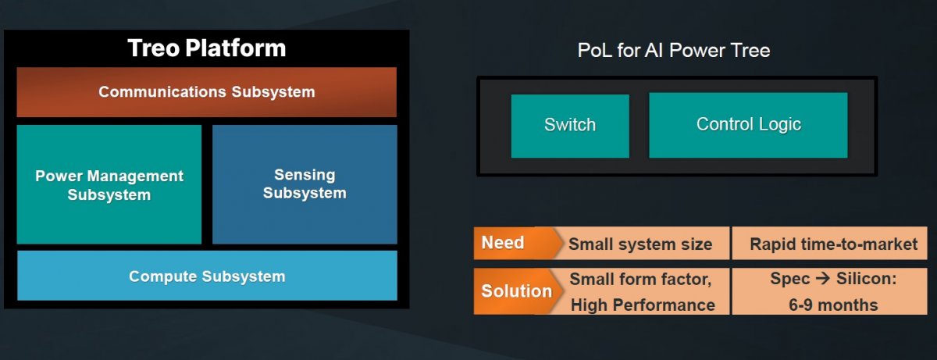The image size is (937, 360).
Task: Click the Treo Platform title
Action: coord(207,48)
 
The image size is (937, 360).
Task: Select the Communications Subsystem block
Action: coord(207,92)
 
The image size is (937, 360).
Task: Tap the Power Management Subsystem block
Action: coord(109,184)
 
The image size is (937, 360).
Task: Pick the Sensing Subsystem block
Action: coord(305,184)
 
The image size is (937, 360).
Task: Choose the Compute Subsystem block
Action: coord(207,276)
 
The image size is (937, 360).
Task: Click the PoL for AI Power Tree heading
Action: coord(673,51)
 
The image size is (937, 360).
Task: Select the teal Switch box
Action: coord(570,126)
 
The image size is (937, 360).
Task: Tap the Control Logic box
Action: coord(748,126)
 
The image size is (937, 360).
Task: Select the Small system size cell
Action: coord(640,244)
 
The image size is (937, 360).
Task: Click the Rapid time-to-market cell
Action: coord(829,244)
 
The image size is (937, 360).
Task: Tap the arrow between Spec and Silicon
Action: coord(823,279)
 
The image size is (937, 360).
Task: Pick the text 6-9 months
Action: coord(833,305)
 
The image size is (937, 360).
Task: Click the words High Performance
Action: coord(643,305)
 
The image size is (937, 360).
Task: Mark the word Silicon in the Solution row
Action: coord(866,279)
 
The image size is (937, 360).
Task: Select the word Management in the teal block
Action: coord(135,176)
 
